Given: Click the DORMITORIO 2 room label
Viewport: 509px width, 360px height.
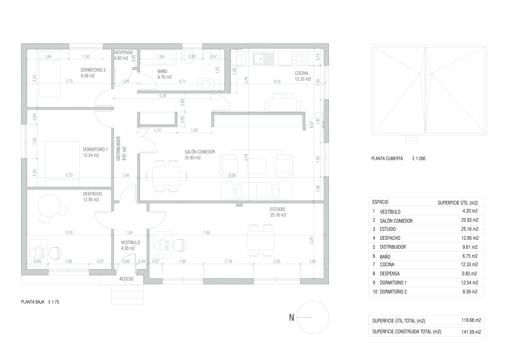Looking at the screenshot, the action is [93, 70].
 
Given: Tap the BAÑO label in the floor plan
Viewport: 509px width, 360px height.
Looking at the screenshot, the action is [163, 71].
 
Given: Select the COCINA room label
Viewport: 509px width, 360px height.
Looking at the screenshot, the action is [301, 73].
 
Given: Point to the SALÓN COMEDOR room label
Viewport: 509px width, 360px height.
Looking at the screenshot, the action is [200, 152].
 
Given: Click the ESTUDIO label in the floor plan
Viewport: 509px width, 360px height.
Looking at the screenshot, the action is [278, 209].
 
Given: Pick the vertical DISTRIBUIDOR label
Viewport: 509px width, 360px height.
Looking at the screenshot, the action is [118, 149].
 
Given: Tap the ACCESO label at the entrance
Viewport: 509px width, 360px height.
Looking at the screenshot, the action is [126, 279].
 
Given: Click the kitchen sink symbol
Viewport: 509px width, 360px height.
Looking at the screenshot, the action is [263, 58].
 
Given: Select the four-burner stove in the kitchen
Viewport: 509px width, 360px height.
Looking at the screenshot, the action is [299, 58].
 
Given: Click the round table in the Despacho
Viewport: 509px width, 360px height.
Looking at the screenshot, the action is [49, 205].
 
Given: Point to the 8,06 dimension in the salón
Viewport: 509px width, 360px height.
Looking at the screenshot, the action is [232, 175].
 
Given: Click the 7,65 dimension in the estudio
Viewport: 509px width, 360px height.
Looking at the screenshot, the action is [206, 232].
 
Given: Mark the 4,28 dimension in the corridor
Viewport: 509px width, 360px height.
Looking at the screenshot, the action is [163, 96].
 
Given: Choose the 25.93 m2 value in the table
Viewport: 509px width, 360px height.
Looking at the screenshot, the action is [470, 220].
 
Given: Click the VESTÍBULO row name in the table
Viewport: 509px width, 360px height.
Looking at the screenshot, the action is [390, 212].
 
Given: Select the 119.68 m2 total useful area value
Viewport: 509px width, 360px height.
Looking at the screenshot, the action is [471, 320].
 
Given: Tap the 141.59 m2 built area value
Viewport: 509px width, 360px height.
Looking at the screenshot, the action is [471, 332].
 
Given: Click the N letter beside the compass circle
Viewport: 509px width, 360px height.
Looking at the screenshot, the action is [291, 317].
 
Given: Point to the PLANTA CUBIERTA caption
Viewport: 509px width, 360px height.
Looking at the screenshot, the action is [387, 158].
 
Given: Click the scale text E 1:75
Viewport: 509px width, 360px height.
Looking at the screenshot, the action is [54, 302].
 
